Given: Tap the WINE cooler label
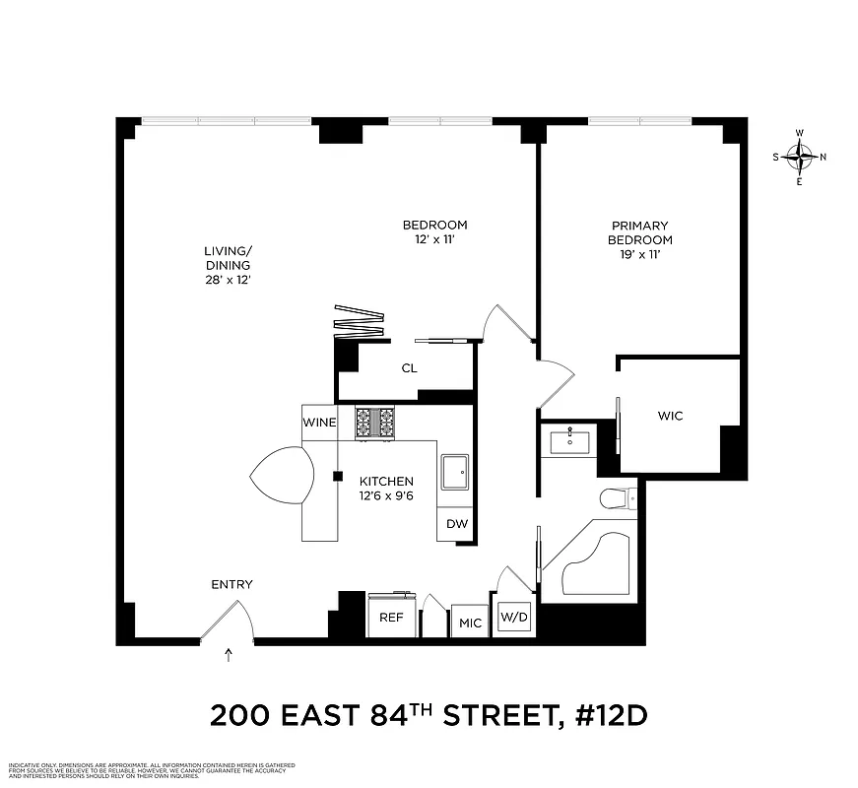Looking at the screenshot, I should [319, 423].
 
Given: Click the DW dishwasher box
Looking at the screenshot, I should [457, 524].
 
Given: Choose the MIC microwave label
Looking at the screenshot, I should [470, 623].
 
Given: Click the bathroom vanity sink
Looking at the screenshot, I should [568, 438].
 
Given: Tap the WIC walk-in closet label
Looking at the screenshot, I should [670, 416].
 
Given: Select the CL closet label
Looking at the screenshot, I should [408, 369].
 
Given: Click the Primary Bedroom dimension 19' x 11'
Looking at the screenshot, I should [639, 255].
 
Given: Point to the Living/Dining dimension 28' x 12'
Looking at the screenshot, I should [228, 279].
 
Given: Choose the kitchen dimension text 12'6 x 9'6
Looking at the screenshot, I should [385, 495].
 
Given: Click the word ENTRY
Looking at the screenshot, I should [231, 584].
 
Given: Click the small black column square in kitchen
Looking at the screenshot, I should [337, 477].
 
